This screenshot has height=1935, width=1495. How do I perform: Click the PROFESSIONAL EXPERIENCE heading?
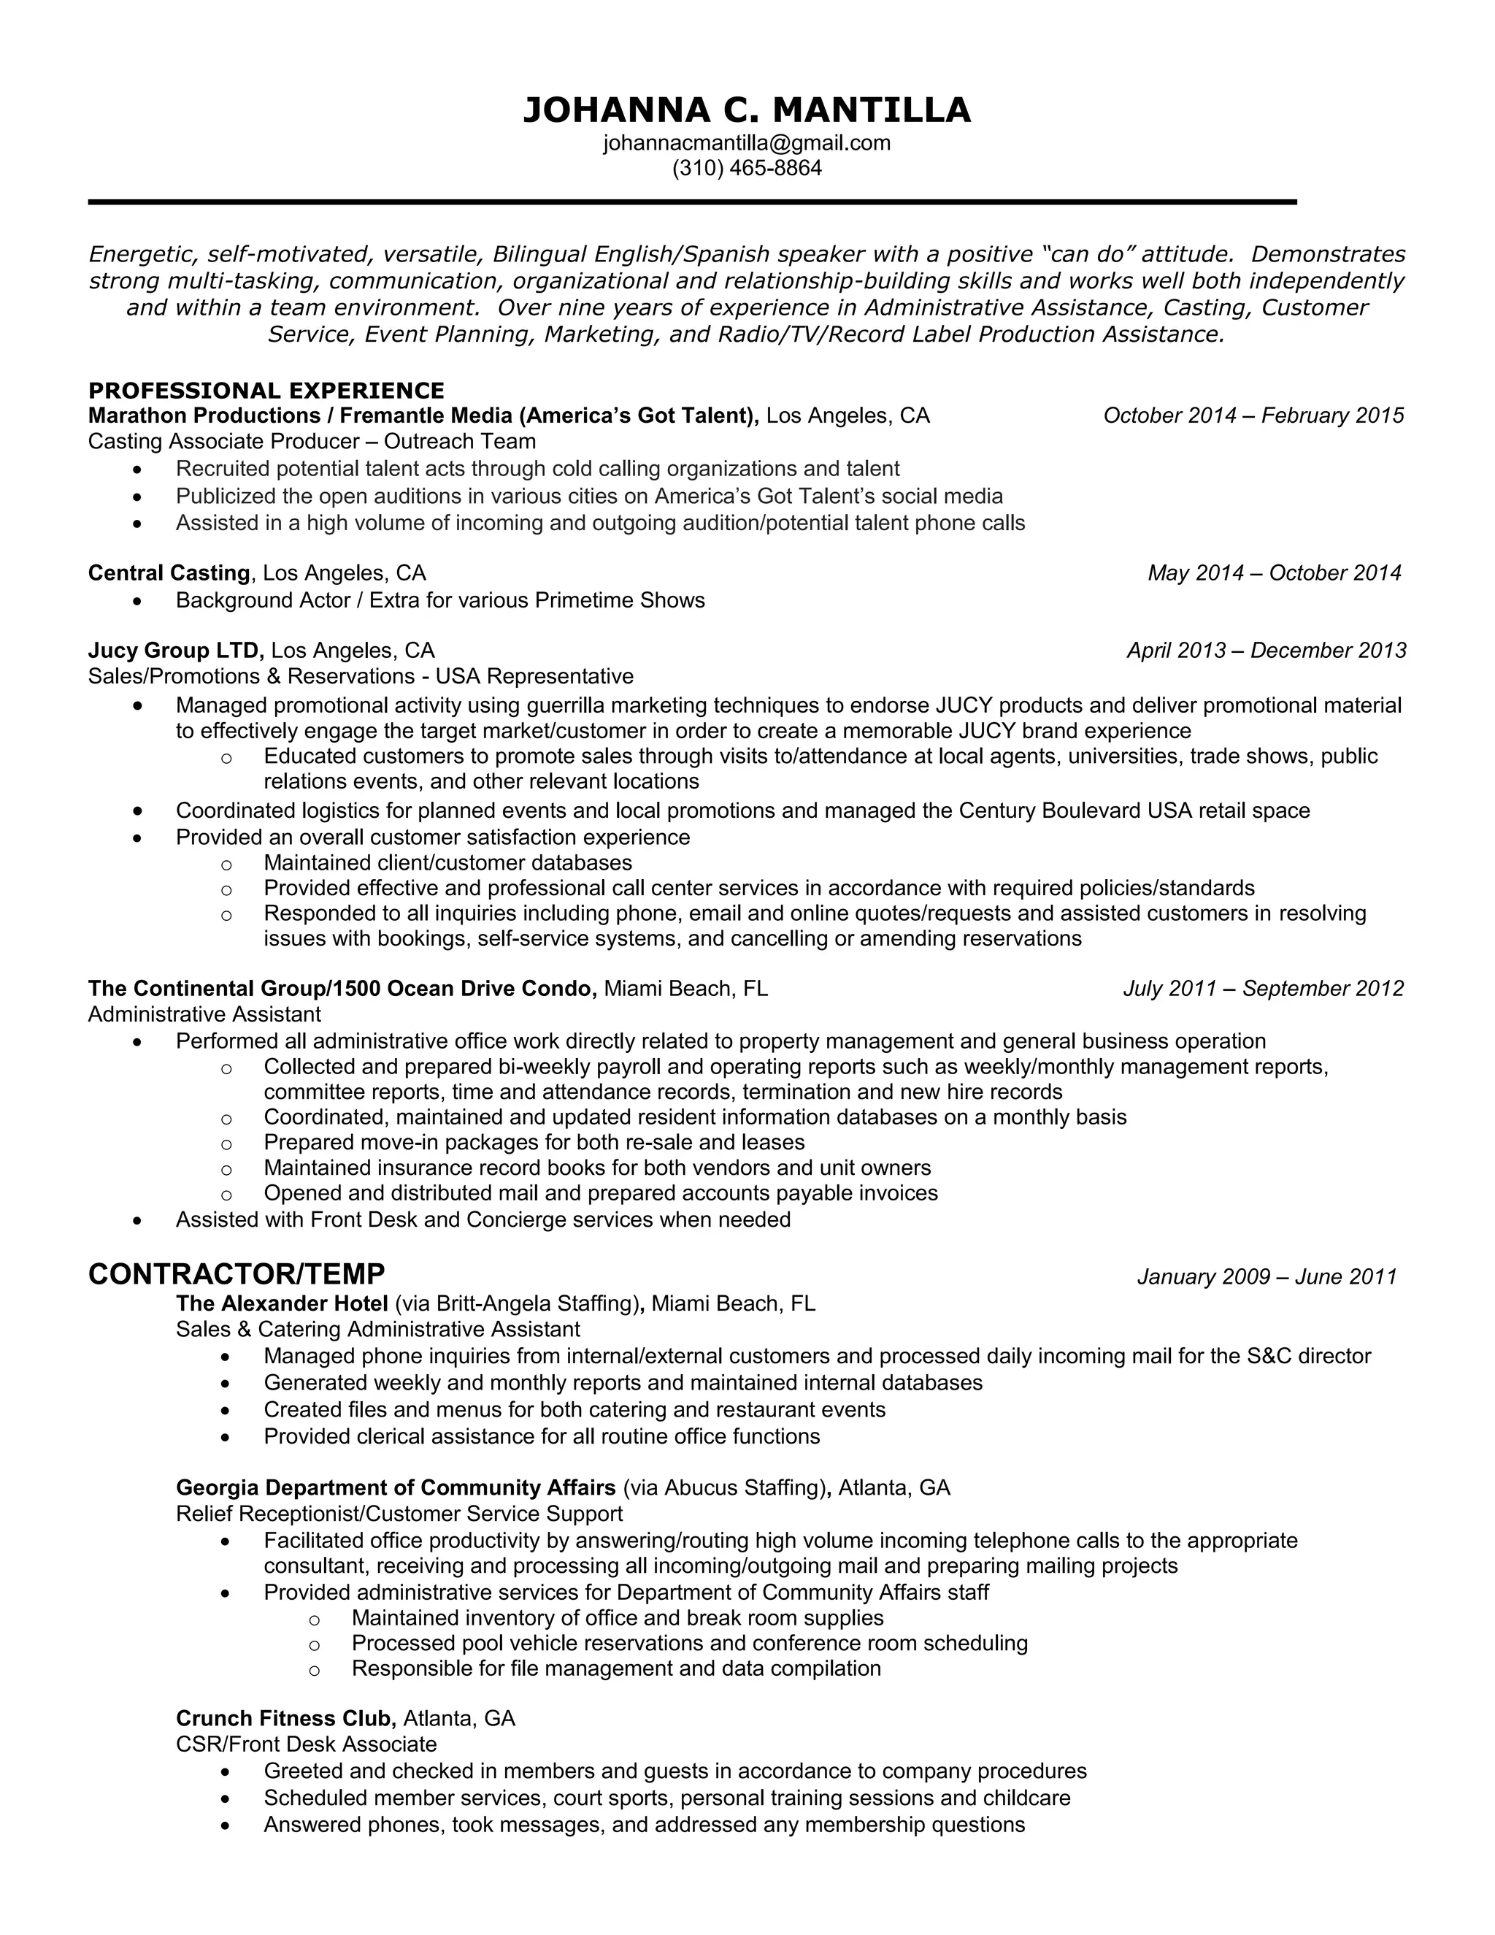coord(266,391)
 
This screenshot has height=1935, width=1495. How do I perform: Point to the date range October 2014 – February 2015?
coord(1253,415)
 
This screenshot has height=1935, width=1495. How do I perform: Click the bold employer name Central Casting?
coord(169,573)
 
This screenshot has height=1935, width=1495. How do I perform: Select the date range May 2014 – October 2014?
coord(1274,573)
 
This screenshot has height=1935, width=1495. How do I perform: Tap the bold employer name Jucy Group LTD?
coord(175,651)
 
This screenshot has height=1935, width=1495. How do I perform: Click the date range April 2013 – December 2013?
coord(1266,651)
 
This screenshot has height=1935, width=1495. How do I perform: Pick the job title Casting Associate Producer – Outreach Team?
coord(312,441)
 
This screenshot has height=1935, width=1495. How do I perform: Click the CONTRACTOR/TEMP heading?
coord(237,1274)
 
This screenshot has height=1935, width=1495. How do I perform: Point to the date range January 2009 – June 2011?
coord(1267,1276)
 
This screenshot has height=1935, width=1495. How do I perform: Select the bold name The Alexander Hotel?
coord(282,1303)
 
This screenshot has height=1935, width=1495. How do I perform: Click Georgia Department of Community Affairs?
coord(395,1487)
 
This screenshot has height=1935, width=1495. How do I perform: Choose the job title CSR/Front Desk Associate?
coord(307,1744)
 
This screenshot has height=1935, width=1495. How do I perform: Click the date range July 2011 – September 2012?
coord(1263,989)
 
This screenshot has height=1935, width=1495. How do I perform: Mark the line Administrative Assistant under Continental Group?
coord(204,1014)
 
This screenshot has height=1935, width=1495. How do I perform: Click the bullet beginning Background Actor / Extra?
coord(440,601)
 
